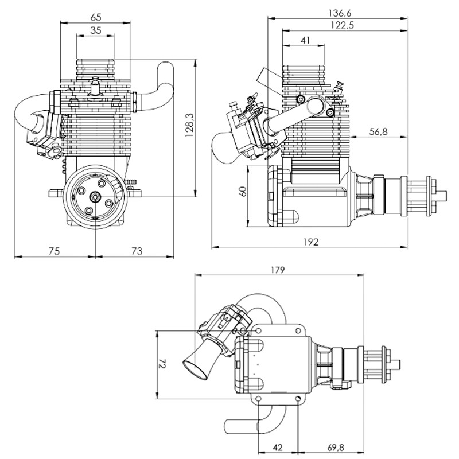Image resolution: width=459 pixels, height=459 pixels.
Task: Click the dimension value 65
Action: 95,17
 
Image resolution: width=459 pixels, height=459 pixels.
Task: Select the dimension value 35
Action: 95,32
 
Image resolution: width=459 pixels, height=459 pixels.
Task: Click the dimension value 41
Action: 305,41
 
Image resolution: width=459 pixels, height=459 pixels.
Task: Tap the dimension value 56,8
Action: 376,132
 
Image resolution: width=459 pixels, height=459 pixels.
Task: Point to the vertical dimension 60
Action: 243,192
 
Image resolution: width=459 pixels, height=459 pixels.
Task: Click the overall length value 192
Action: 310,242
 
